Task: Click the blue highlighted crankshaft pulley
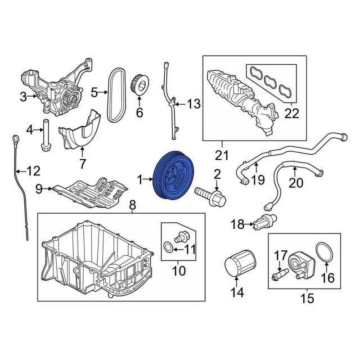coord(173,176)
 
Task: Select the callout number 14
coord(237,292)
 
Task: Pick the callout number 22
coord(292,113)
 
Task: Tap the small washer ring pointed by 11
coord(168,247)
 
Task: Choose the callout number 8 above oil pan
coord(133,205)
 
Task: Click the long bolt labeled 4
coord(46,135)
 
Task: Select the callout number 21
coord(222,155)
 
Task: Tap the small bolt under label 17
coord(280,274)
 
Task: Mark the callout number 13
coord(194,103)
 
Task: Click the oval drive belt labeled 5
coord(116,95)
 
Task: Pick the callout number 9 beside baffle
coord(39,189)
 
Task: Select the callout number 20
coord(296,183)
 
